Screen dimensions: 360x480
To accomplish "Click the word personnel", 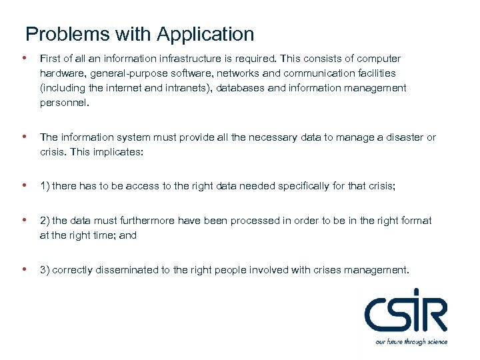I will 64,103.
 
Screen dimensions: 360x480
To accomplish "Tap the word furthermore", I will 147,221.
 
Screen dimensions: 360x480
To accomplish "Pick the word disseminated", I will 131,270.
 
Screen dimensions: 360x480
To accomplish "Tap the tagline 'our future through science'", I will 411,342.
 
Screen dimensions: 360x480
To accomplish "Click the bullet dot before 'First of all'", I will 25,59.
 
